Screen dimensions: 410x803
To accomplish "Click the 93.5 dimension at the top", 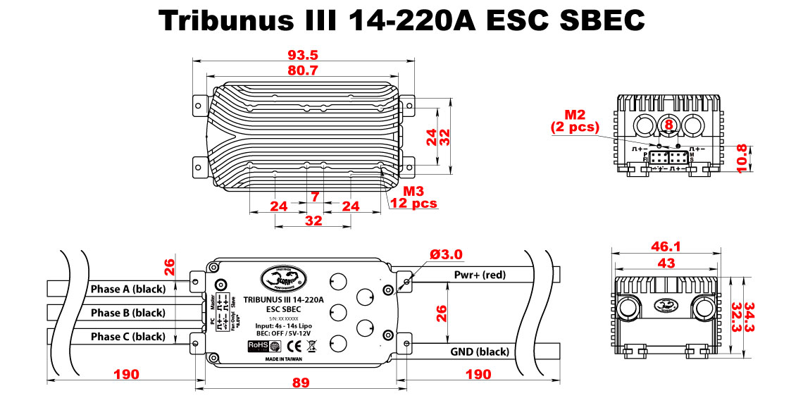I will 303,56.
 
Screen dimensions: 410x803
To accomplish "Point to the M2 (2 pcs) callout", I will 575,120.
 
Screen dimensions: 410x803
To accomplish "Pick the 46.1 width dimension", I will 666,247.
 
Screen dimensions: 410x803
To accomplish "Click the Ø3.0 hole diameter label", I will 446,254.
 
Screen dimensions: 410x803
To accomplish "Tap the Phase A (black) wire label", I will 127,289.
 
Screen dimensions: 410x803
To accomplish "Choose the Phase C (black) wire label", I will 127,337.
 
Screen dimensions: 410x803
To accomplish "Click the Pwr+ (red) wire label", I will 481,275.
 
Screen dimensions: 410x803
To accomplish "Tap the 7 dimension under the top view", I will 314,197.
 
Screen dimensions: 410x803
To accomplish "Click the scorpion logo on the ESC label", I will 282,278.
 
